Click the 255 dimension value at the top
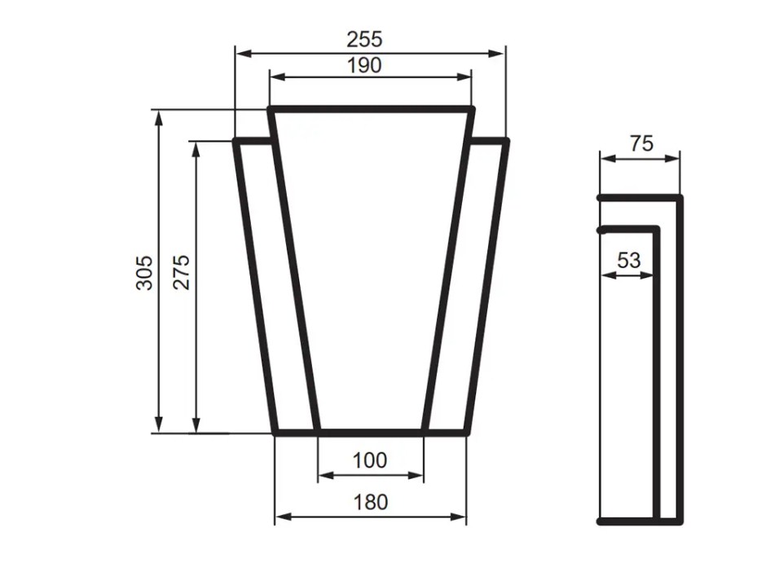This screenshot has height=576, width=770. [364, 38]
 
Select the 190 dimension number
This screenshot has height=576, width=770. [364, 65]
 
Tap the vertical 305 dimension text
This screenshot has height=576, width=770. [143, 273]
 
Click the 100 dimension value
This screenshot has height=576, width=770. [369, 460]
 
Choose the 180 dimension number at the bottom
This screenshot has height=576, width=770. [371, 502]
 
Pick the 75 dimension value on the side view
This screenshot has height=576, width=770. [641, 143]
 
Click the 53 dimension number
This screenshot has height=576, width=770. [628, 261]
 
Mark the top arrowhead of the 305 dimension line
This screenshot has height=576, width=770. [159, 115]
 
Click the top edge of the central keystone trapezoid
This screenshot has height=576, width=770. [371, 108]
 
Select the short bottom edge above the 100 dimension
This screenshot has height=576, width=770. [371, 432]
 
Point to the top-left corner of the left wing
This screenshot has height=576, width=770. [236, 141]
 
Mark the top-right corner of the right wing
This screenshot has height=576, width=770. [507, 141]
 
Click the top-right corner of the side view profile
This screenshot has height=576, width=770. [680, 198]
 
